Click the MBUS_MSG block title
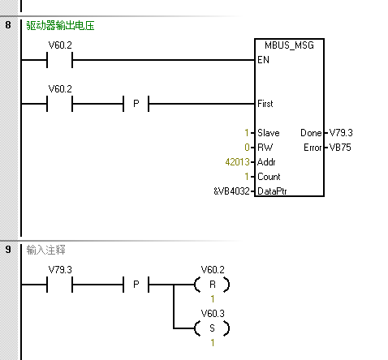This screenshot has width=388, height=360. click(289, 45)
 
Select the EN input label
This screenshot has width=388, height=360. click(263, 60)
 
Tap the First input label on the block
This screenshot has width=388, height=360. click(265, 104)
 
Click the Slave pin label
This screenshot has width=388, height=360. click(269, 133)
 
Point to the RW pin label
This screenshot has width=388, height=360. click(265, 148)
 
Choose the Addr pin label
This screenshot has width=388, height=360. click(266, 162)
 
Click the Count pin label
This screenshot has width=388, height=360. click(269, 177)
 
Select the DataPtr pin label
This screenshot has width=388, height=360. click(272, 191)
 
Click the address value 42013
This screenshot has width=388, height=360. click(237, 162)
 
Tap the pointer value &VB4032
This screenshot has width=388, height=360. click(231, 191)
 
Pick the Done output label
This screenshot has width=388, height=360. click(311, 133)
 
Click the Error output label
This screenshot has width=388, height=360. click(313, 148)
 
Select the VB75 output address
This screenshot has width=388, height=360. click(340, 148)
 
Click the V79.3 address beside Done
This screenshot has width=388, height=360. click(341, 133)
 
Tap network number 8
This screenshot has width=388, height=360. click(8, 25)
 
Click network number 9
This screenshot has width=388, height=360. click(8, 249)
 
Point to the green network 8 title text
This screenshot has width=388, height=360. click(60, 26)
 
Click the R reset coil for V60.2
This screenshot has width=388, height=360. click(212, 285)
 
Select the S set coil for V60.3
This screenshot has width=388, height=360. click(212, 328)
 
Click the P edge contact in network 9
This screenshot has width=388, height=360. click(136, 285)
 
